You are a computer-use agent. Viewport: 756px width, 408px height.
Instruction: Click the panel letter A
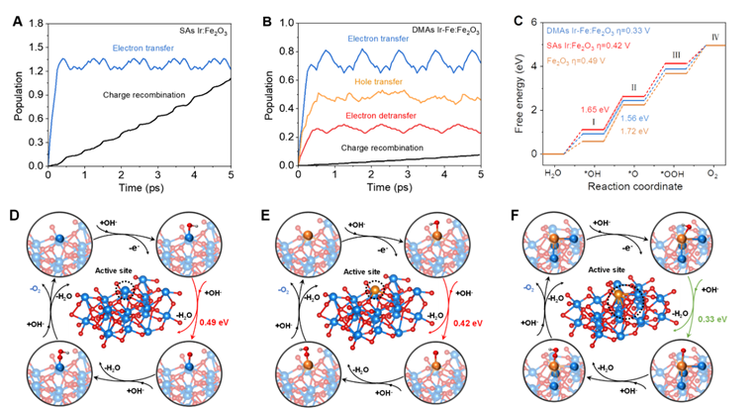[x=14, y=17]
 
